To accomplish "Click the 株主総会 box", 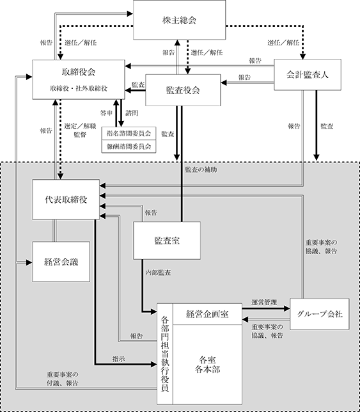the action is click(x=179, y=20).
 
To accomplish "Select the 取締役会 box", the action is click(x=79, y=79).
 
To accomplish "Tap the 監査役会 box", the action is click(x=183, y=90).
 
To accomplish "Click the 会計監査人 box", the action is click(x=308, y=75).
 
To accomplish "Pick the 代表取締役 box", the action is click(x=66, y=200).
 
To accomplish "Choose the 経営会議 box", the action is click(x=61, y=262).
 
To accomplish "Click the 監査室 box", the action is click(x=167, y=241).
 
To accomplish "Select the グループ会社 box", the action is click(x=320, y=314).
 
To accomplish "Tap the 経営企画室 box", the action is click(x=207, y=314).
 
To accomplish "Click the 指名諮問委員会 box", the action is click(x=129, y=134).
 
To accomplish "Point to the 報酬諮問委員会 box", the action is click(x=129, y=147).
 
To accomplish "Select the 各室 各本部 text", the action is click(x=207, y=365).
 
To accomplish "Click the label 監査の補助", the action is click(x=201, y=170).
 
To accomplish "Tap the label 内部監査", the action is click(x=158, y=273).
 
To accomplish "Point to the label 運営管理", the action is click(x=264, y=303).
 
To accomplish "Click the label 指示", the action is click(x=119, y=359).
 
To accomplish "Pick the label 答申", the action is click(x=106, y=113).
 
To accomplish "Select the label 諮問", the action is click(x=132, y=113).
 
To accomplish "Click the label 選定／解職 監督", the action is click(x=80, y=131).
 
